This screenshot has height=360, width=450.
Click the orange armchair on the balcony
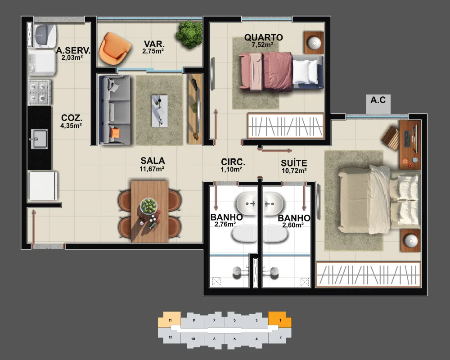[114, 49]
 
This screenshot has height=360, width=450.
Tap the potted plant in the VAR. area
[189, 34]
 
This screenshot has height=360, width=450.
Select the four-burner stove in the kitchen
[40, 92]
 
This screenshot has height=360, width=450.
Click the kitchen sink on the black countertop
[39, 139]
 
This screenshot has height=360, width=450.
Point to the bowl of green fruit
[148, 206]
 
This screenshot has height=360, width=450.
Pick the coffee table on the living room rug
[160, 111]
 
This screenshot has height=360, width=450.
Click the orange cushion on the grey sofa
[115, 133]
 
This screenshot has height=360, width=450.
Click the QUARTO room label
[263, 37]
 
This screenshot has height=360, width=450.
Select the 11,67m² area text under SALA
[152, 169]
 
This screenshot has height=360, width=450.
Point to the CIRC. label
[233, 162]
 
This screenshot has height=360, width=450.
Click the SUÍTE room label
[294, 163]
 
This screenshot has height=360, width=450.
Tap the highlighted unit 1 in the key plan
[280, 319]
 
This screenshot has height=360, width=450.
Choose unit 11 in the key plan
[170, 319]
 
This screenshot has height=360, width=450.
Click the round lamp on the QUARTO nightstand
[315, 43]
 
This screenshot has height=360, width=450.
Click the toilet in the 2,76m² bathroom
[244, 233]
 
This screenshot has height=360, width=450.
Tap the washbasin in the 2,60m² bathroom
[273, 204]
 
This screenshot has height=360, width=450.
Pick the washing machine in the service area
[42, 63]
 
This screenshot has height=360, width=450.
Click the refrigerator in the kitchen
[43, 186]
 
